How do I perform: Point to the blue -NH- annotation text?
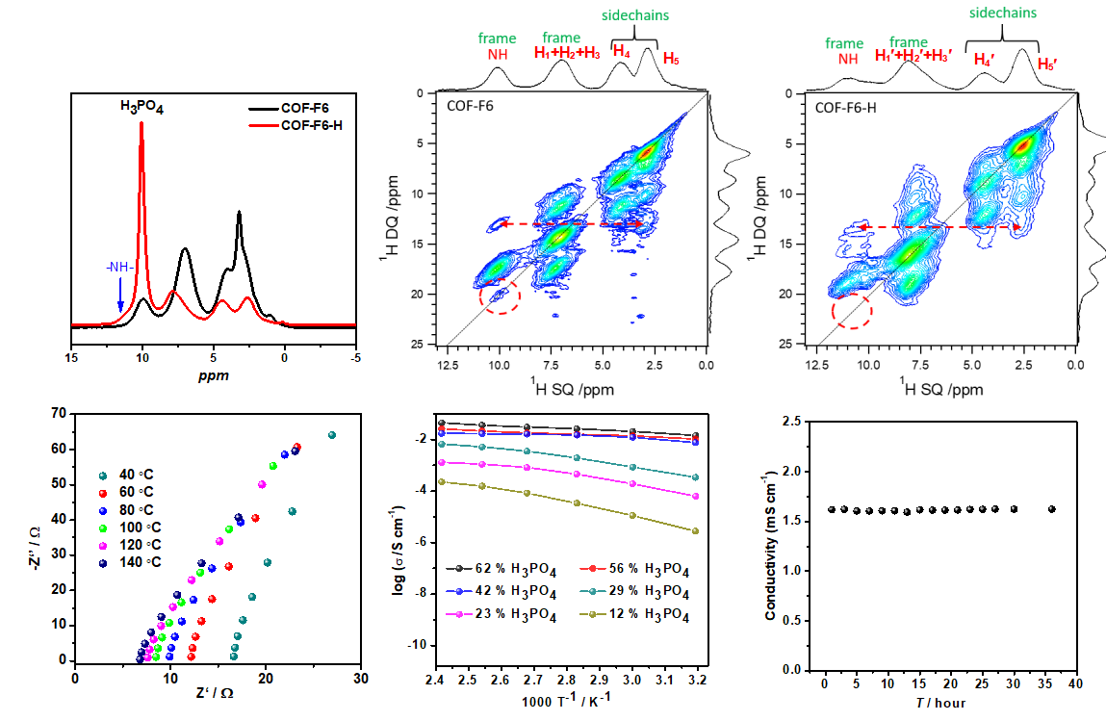click(x=120, y=268)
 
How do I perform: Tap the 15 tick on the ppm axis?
click(x=72, y=357)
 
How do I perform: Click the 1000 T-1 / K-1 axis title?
click(x=568, y=701)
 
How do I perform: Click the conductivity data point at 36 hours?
click(x=1051, y=509)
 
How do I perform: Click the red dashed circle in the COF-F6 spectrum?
click(x=499, y=296)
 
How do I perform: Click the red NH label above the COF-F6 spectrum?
click(x=497, y=55)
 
